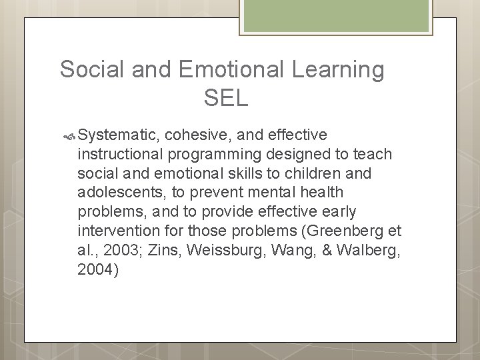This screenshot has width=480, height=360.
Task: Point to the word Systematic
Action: click(x=118, y=135)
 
